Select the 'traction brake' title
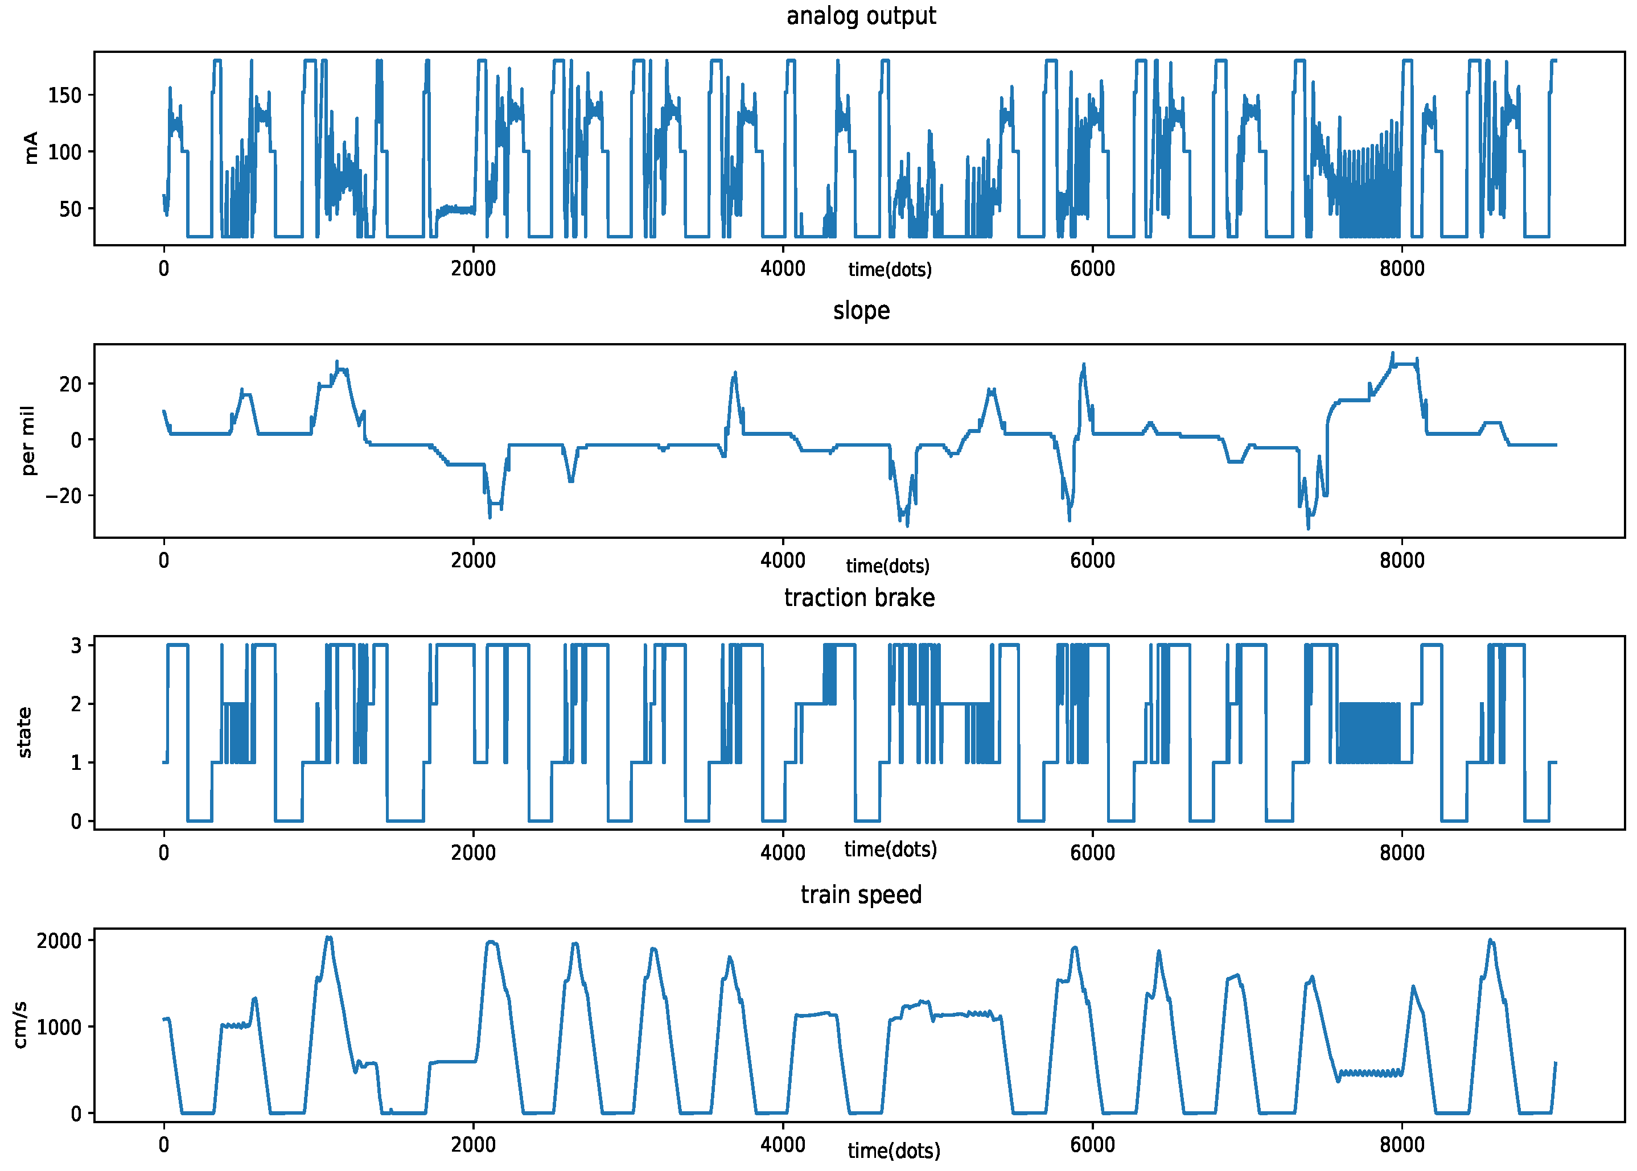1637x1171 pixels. tap(859, 598)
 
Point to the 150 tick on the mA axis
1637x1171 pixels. tap(64, 95)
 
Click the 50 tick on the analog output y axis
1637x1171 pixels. tap(70, 209)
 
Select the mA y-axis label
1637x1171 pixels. tap(30, 148)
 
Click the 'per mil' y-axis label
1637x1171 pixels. tap(27, 440)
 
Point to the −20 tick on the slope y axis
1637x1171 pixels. tap(63, 496)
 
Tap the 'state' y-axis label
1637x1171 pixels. tap(24, 733)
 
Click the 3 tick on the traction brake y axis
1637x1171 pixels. tap(76, 645)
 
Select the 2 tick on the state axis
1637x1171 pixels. tap(76, 704)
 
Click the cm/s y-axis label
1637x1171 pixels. tap(20, 1025)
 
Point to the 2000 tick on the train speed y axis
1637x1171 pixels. tap(59, 941)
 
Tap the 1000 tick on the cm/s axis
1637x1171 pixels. tap(59, 1028)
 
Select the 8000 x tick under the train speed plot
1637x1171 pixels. tap(1401, 1145)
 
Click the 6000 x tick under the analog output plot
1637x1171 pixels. tap(1092, 269)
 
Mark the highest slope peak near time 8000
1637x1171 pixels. tap(1393, 353)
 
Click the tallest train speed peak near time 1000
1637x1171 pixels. tap(329, 937)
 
